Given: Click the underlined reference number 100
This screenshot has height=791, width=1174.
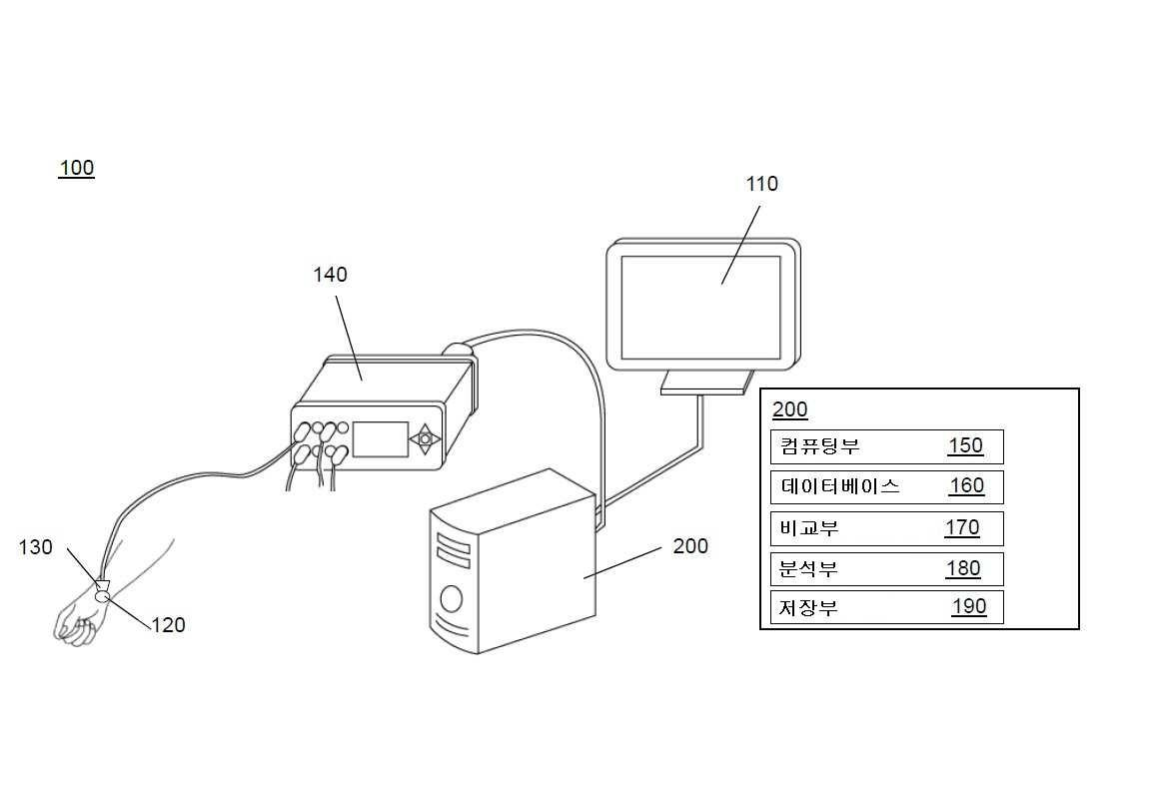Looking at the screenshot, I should pos(77,168).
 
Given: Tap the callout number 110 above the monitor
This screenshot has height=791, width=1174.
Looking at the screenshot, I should pos(761,184).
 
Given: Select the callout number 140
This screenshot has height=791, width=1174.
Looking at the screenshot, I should pos(331,275).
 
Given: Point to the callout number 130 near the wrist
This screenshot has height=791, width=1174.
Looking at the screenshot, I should pos(36,547).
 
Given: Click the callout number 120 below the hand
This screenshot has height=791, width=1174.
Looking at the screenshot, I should pos(168,625).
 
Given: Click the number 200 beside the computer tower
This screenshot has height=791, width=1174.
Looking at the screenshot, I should pos(690,546).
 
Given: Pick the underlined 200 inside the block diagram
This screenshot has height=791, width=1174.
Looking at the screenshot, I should pos(790,409).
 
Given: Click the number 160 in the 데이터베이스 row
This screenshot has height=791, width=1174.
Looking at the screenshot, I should pos(966,486).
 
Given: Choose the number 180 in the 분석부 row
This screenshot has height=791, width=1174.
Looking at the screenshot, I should pos(963,568).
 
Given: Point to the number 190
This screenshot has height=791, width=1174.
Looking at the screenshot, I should pos(969,607).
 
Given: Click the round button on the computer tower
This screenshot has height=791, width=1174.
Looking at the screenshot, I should pos(452,598).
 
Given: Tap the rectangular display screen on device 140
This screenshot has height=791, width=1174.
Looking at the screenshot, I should pos(381,439).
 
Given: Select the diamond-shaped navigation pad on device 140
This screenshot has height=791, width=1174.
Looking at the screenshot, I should pos(425,439).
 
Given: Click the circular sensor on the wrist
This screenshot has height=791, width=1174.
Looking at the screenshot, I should pos(104,596).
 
